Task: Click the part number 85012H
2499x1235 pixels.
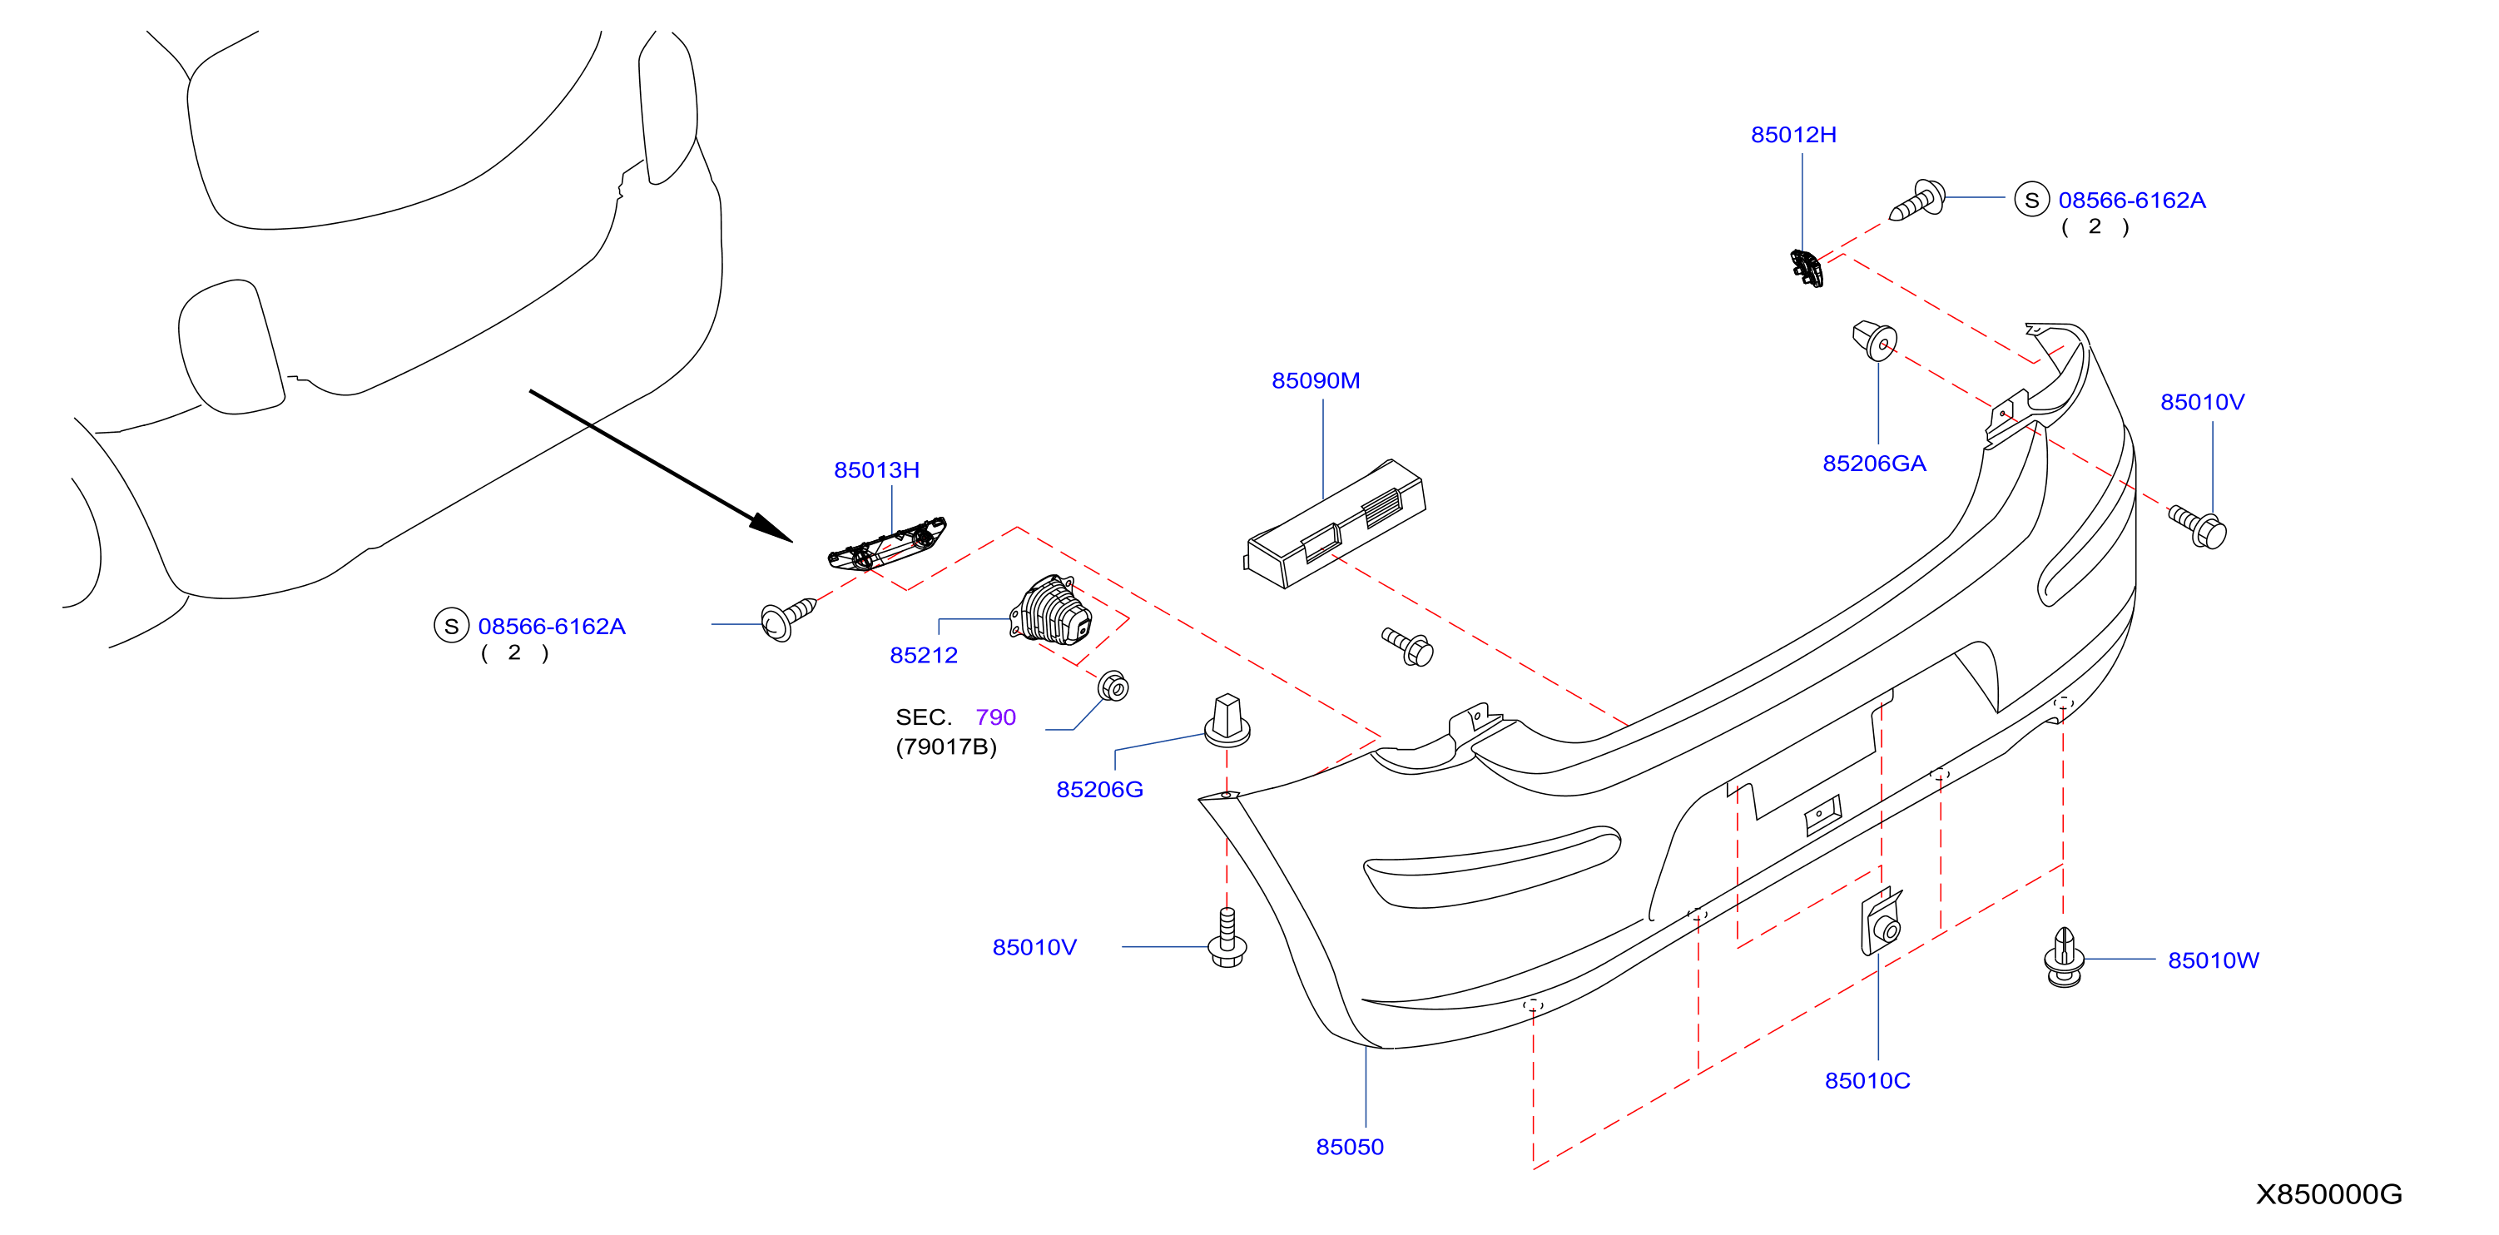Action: pos(1792,135)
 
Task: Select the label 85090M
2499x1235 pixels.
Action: pos(1316,380)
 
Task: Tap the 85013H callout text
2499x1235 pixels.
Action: pos(876,469)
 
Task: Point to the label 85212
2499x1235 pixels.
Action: pos(924,655)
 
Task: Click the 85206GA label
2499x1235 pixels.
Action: pos(1874,464)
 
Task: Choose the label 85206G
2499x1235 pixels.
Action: pos(1099,790)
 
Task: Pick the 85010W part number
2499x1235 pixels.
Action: pos(2213,960)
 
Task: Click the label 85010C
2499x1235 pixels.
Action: pos(1867,1081)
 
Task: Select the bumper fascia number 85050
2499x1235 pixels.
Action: pos(1350,1147)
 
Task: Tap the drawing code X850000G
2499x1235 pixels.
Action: pos(2328,1194)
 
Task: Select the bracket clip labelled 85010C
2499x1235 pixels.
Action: pos(1880,921)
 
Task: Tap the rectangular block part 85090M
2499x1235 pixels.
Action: pos(1335,524)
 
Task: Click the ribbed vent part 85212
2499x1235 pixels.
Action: pos(1051,610)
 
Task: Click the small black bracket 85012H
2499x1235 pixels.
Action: pos(1807,268)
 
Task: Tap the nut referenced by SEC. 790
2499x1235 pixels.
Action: pos(1113,686)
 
